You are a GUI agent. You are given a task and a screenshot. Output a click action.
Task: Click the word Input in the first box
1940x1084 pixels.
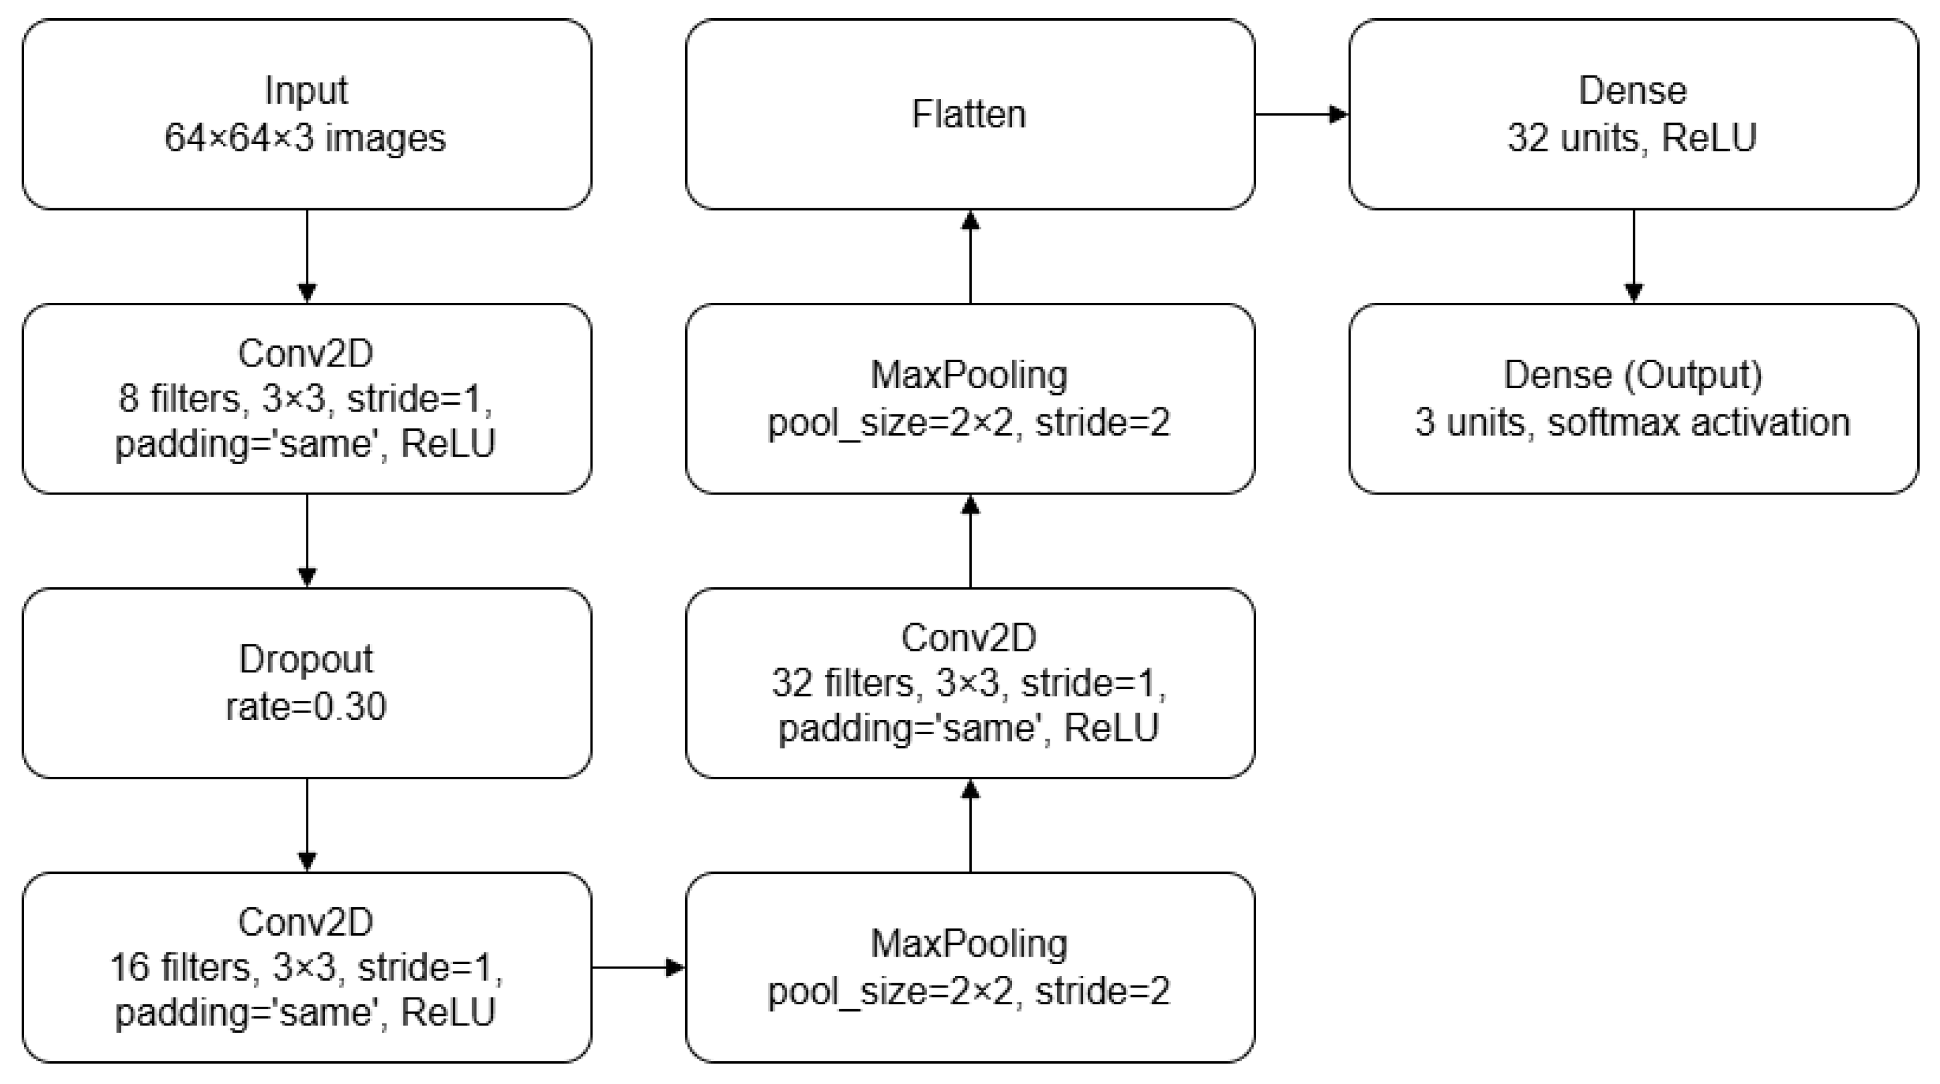coord(306,91)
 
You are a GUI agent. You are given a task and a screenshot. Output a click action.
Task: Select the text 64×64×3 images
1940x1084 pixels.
coord(306,138)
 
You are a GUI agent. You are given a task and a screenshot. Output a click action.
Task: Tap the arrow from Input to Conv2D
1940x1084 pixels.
coord(306,256)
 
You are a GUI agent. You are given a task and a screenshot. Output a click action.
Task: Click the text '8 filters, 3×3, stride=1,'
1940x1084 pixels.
coord(306,399)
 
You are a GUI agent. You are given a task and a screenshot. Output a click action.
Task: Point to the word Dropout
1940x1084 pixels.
coord(306,659)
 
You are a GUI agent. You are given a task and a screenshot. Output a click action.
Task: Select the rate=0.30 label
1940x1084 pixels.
coord(306,706)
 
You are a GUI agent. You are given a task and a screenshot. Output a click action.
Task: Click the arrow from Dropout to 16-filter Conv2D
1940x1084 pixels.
coord(306,825)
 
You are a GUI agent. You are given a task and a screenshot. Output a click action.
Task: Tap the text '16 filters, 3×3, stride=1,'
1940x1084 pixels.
coord(306,967)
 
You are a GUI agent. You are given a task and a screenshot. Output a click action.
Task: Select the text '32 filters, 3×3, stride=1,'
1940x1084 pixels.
coord(969,684)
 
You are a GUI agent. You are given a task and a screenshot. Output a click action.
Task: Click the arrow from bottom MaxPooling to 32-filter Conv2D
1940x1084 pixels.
coord(970,826)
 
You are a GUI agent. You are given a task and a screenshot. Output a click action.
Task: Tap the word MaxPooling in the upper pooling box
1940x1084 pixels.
coord(969,375)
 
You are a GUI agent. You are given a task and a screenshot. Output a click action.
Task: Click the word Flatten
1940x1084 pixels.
coord(969,114)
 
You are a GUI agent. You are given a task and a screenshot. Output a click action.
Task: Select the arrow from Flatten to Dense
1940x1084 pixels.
coord(1301,114)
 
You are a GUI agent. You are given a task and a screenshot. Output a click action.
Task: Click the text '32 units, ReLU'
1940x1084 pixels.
coord(1632,138)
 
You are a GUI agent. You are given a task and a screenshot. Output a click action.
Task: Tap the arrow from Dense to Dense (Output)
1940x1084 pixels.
coord(1633,256)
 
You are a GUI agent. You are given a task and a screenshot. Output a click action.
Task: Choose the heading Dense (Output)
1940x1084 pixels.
coord(1632,375)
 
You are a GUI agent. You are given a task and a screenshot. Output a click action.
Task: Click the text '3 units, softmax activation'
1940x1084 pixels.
coord(1632,423)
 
